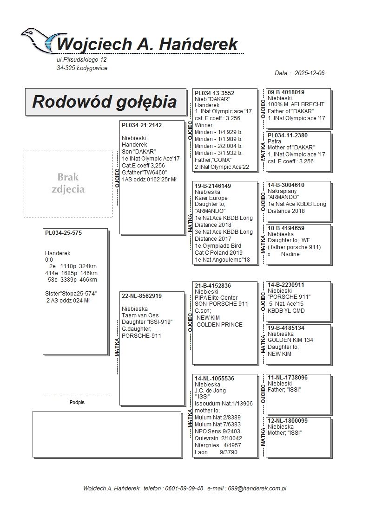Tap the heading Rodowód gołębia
click(104, 102)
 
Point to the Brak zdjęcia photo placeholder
click(68, 183)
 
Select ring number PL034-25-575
click(63, 233)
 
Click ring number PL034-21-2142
click(142, 125)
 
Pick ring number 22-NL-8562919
click(142, 296)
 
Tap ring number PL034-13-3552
click(214, 93)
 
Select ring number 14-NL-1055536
click(214, 379)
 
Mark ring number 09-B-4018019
click(286, 92)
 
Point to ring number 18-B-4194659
click(286, 228)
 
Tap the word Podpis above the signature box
click(77, 403)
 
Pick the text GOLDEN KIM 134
click(290, 340)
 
